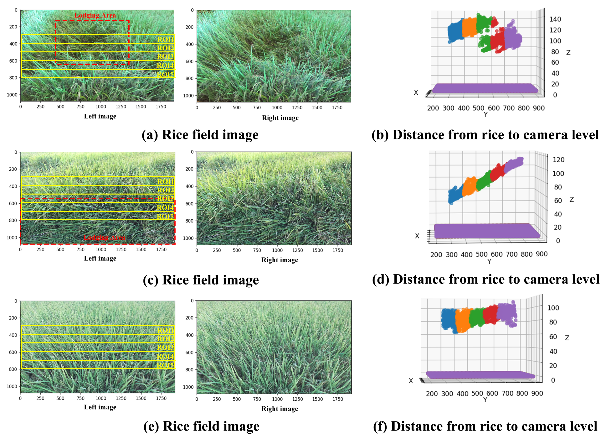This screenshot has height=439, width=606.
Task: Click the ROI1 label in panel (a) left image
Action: [165, 39]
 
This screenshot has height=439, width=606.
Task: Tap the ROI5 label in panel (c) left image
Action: [165, 216]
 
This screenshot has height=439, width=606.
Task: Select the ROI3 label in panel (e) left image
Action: [165, 347]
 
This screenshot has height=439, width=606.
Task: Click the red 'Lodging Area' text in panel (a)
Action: [95, 15]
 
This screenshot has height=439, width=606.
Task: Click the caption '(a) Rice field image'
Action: [200, 134]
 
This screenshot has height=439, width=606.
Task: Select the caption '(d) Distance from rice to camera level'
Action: [485, 279]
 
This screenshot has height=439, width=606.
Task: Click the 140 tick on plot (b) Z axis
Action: [555, 19]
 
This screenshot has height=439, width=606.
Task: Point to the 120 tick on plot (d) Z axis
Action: [558, 160]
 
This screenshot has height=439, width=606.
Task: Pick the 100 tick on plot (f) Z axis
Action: [553, 308]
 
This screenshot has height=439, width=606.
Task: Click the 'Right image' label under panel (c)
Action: [280, 260]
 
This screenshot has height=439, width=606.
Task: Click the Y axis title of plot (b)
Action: [485, 114]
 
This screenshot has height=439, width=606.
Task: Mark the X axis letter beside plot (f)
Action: [411, 381]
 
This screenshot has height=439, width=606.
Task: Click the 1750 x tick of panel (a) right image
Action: [337, 107]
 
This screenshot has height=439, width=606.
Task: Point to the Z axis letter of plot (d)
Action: [572, 199]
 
